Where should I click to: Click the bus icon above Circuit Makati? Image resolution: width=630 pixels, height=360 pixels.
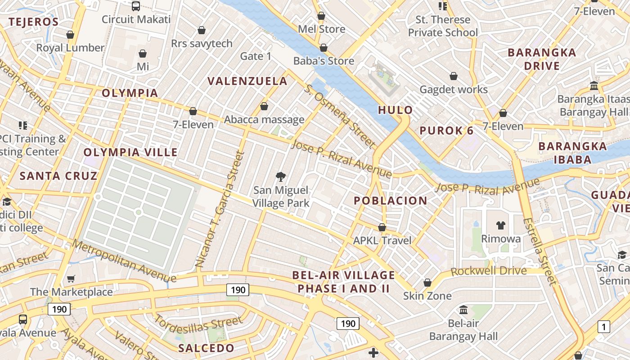[x=135, y=6]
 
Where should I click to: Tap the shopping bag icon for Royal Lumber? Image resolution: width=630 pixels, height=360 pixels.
[x=70, y=35]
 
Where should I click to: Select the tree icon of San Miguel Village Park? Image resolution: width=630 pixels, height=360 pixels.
[x=281, y=176]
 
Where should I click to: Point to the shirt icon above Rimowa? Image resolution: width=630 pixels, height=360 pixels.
[x=501, y=225]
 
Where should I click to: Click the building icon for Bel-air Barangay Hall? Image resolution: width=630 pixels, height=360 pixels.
[x=463, y=310]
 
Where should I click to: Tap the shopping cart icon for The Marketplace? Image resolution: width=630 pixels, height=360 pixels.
[x=71, y=279]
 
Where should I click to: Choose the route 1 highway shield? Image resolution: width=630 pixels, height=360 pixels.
[x=603, y=327]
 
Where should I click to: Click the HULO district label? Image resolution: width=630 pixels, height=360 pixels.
[x=395, y=110]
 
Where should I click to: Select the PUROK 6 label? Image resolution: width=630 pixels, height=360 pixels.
[x=446, y=131]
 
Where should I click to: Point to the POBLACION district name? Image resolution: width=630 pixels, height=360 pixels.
[x=390, y=201]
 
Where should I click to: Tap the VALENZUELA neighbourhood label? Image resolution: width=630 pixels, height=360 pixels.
[x=247, y=81]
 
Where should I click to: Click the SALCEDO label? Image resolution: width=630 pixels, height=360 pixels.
[x=206, y=348]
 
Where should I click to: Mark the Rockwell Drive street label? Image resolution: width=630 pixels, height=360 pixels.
[x=488, y=271]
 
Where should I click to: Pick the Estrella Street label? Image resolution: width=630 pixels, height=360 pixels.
[x=540, y=252]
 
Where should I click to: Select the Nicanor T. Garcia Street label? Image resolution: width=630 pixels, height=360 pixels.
[x=220, y=209]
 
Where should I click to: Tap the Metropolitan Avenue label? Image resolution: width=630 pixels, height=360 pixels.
[x=122, y=258]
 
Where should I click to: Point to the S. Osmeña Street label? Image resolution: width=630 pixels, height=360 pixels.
[x=339, y=116]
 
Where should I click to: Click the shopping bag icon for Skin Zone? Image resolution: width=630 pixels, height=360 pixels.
[x=427, y=283]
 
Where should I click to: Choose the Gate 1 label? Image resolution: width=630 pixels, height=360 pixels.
[x=256, y=56]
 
